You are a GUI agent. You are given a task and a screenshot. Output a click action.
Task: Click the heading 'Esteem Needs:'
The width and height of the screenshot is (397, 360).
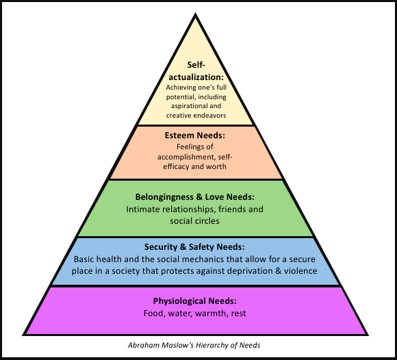point(194,136)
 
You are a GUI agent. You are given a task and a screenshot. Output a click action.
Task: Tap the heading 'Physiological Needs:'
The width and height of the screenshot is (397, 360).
point(194,301)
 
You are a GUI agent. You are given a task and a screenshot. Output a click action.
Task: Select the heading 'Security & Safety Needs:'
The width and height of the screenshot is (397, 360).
point(194,247)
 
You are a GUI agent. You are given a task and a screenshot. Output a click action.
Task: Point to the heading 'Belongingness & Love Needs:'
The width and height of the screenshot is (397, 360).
point(194,197)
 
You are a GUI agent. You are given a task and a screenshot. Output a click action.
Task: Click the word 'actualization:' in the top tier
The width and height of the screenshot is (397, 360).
point(196,77)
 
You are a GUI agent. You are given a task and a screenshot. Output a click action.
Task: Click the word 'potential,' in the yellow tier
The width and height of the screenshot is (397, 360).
point(181,97)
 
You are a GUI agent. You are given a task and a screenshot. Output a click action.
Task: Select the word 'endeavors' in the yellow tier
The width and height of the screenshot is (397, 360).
point(210,116)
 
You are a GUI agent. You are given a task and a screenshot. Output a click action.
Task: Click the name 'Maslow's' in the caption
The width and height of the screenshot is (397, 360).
point(177,346)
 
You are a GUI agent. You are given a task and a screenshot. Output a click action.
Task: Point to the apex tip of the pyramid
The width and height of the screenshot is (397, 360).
point(195,13)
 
